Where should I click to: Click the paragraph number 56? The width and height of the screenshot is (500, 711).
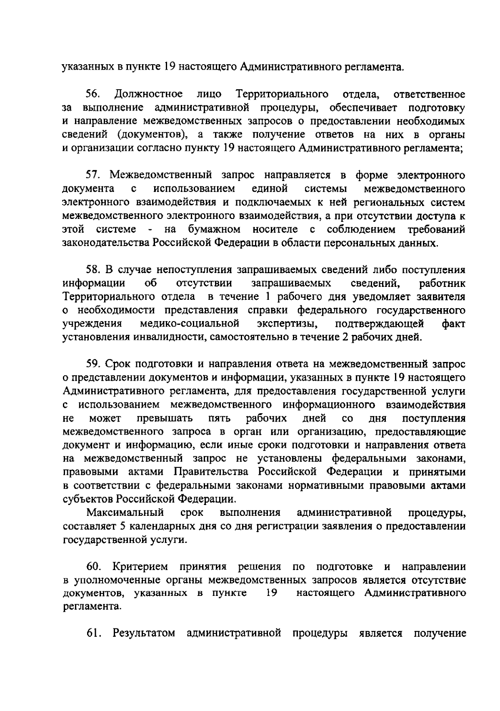[x=94, y=94]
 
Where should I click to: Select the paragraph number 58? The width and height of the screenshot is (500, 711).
[x=94, y=270]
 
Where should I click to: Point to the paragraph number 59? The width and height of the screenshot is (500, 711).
[x=94, y=364]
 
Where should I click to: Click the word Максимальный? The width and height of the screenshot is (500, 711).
[x=125, y=513]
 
